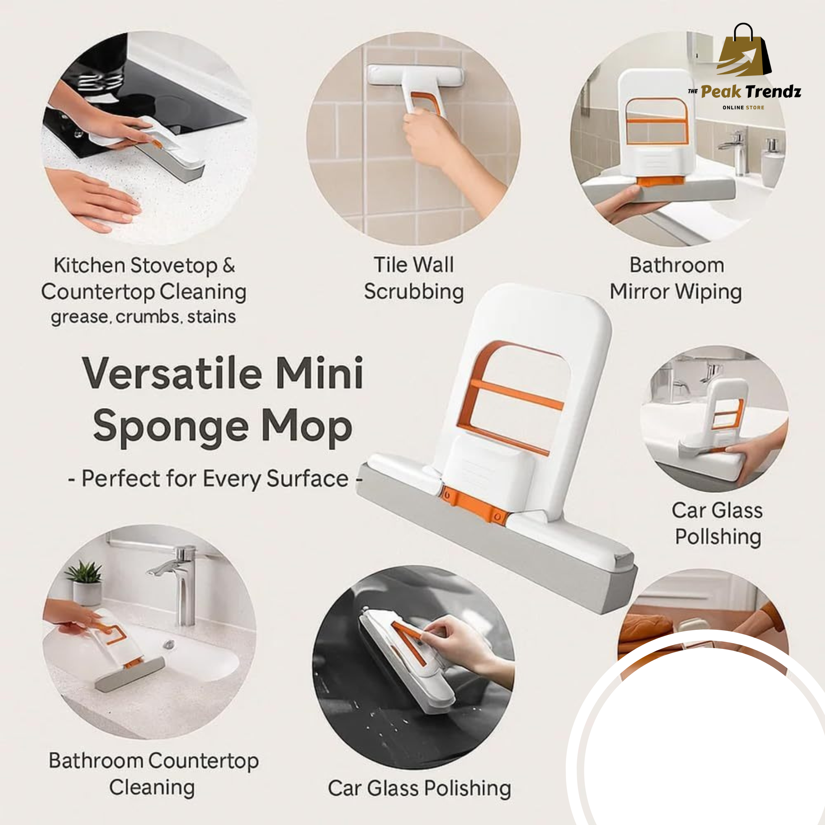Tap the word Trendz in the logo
click(773, 91)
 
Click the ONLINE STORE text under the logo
click(743, 108)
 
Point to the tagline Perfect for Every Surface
click(215, 479)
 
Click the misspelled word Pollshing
click(718, 537)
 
